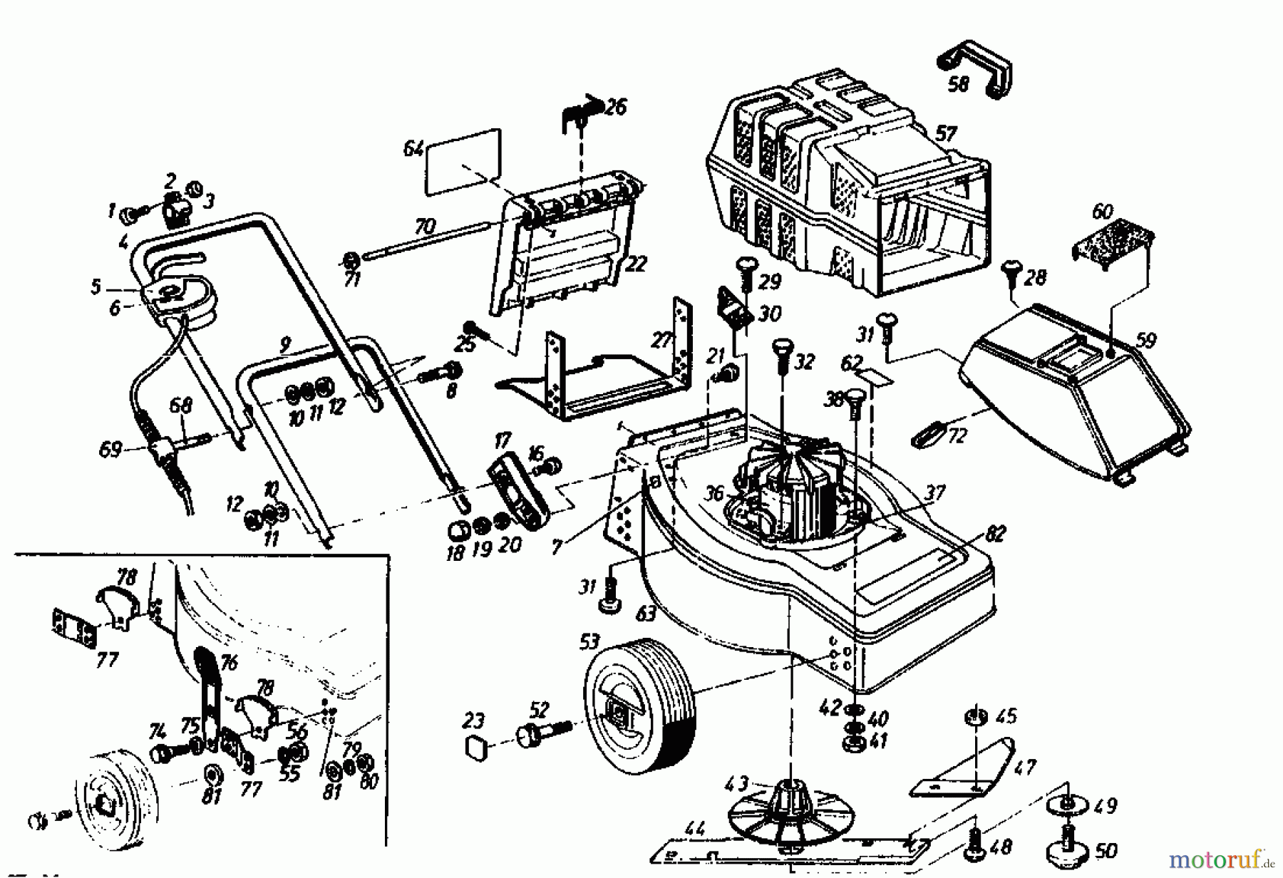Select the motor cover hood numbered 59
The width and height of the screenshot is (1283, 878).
[1069, 392]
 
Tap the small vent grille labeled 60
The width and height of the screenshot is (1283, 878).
[1112, 246]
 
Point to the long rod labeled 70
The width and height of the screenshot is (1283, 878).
[428, 240]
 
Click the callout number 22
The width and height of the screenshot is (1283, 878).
[634, 264]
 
